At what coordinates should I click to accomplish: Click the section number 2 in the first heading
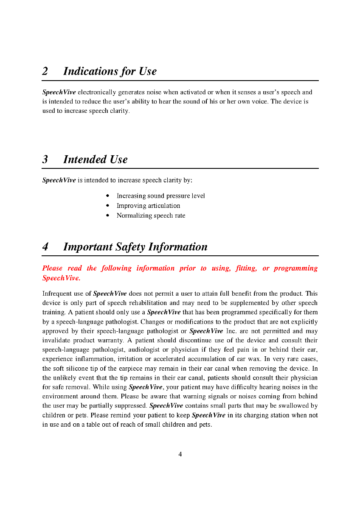[x=45, y=72]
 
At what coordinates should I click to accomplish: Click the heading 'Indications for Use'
[x=110, y=72]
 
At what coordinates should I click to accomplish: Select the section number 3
[x=45, y=160]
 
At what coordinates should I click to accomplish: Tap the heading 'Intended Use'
[x=95, y=160]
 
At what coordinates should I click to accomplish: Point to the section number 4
[x=45, y=247]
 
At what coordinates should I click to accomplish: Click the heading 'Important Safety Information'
[x=135, y=247]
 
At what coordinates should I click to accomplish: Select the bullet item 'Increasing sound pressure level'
[x=160, y=196]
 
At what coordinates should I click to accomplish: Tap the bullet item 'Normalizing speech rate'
[x=151, y=215]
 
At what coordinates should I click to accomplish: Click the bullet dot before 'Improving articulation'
[x=108, y=206]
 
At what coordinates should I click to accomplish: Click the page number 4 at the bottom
[x=180, y=454]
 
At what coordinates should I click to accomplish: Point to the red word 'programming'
[x=295, y=268]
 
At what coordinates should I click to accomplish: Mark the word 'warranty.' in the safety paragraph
[x=110, y=341]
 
